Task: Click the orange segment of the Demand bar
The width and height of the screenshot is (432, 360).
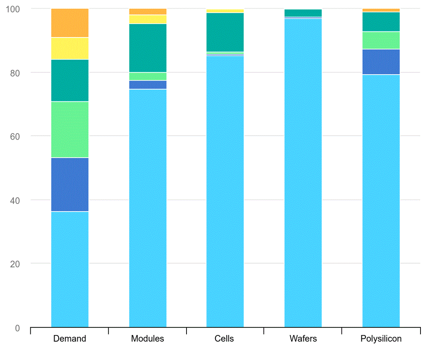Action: pyautogui.click(x=70, y=23)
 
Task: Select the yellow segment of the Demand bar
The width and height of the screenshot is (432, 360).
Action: pyautogui.click(x=70, y=49)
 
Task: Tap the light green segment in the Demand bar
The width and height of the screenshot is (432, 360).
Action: pyautogui.click(x=70, y=129)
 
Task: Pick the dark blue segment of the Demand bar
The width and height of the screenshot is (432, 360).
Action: pyautogui.click(x=70, y=184)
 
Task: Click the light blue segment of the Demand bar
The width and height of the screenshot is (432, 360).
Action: pyautogui.click(x=70, y=269)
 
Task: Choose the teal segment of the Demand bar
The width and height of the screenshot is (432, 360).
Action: pyautogui.click(x=70, y=80)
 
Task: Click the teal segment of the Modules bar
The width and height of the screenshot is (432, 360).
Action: pyautogui.click(x=148, y=48)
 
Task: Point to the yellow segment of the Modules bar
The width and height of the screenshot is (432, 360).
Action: pyautogui.click(x=148, y=19)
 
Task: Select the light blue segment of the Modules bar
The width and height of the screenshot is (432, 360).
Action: pyautogui.click(x=148, y=208)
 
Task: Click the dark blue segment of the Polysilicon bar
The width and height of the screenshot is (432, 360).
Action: pyautogui.click(x=381, y=62)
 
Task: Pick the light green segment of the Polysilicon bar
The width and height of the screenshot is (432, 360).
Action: pyautogui.click(x=381, y=40)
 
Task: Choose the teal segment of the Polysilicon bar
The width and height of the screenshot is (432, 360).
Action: pyautogui.click(x=381, y=22)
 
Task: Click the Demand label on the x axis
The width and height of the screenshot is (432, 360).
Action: pyautogui.click(x=70, y=339)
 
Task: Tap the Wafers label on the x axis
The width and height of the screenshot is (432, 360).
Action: pyautogui.click(x=303, y=339)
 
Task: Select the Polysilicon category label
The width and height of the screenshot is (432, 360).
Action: pyautogui.click(x=381, y=339)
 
